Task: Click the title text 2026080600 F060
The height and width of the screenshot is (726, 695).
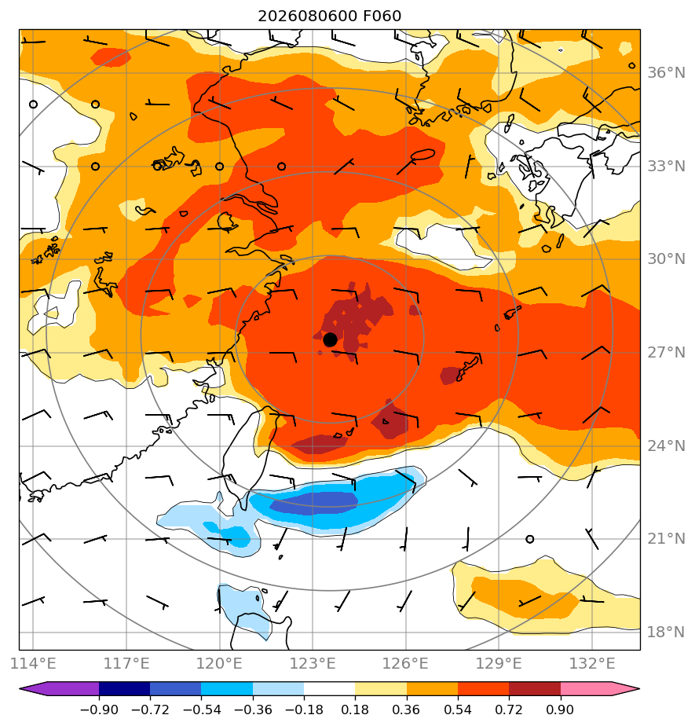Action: point(329,16)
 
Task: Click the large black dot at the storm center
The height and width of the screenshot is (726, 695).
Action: point(330,340)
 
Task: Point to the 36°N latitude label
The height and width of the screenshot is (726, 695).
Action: point(666,73)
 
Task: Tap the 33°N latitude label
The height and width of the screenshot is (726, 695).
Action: point(666,167)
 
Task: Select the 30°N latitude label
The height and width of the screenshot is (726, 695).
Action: point(666,259)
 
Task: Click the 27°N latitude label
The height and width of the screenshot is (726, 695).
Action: point(666,353)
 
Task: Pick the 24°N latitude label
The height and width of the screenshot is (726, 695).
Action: point(666,445)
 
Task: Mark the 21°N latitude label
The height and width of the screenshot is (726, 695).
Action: point(666,539)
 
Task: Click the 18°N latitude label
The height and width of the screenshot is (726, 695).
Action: point(666,632)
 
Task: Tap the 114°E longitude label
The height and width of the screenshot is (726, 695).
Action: point(33,663)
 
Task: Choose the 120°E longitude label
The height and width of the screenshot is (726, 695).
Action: point(219,663)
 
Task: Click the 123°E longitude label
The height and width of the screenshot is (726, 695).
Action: point(313,663)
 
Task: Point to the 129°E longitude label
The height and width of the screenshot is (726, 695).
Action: point(499,663)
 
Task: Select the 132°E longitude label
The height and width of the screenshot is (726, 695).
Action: point(592,663)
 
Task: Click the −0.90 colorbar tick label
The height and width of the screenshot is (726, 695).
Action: point(99,709)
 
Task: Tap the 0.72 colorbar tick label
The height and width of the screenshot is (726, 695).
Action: point(509,709)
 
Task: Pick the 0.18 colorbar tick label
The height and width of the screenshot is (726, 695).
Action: point(355,709)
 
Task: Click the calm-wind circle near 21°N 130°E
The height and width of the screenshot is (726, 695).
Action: point(530,539)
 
